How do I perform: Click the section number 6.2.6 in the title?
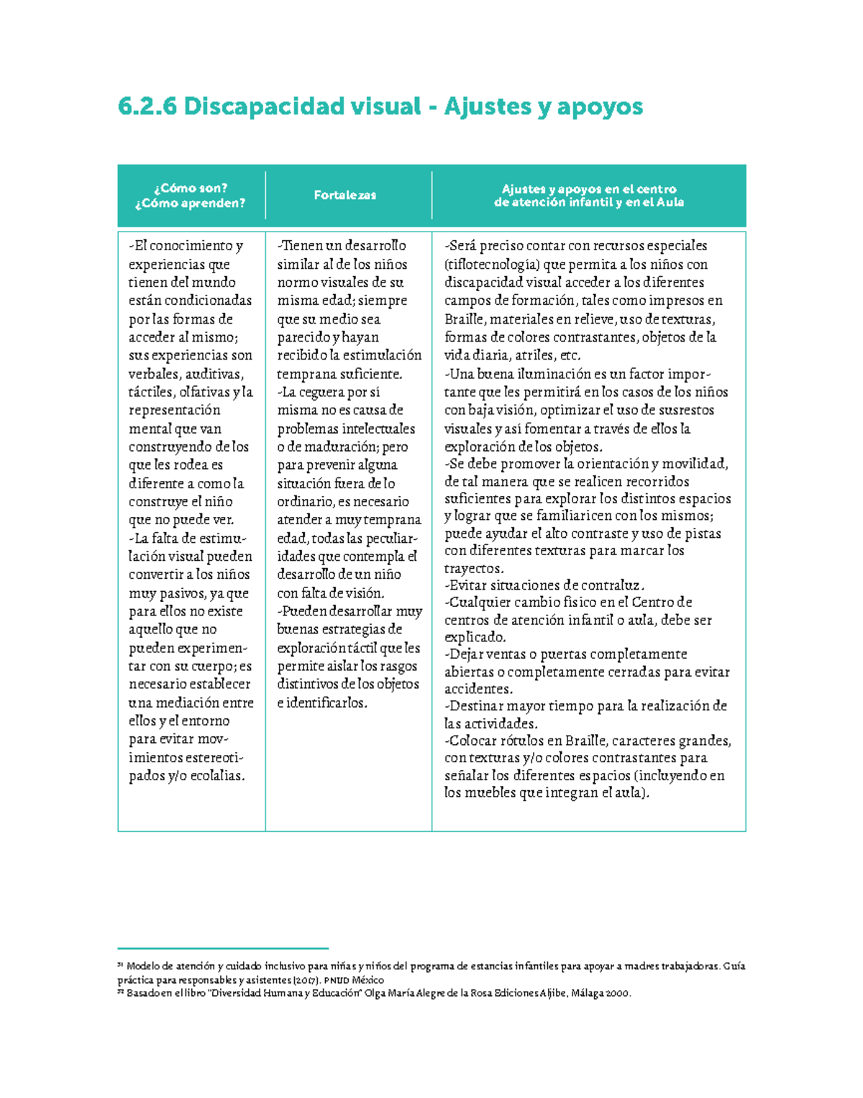tap(147, 107)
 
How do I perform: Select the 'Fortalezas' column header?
tap(345, 195)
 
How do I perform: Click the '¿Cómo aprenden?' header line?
tap(190, 203)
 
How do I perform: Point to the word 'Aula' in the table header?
tap(670, 202)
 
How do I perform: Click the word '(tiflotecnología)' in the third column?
tap(492, 264)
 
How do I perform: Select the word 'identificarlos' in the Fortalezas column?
tap(326, 703)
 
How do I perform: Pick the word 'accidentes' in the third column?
tap(478, 689)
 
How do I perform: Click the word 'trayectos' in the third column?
tap(473, 568)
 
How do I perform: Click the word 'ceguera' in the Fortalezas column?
tap(322, 392)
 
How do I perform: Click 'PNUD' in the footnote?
tap(336, 980)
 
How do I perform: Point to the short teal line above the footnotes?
tap(223, 949)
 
